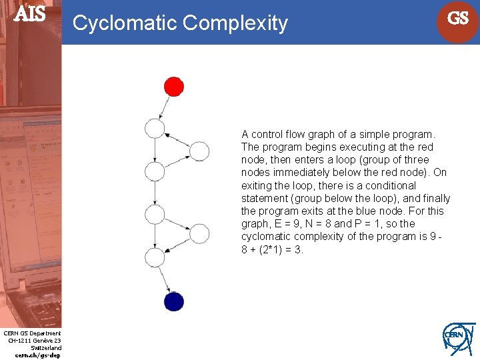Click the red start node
(174, 87)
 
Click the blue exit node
(173, 301)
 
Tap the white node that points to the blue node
(155, 257)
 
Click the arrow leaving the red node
(165, 106)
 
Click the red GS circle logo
(457, 19)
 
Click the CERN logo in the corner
(458, 338)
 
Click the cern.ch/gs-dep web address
(37, 355)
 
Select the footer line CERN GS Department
(32, 333)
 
